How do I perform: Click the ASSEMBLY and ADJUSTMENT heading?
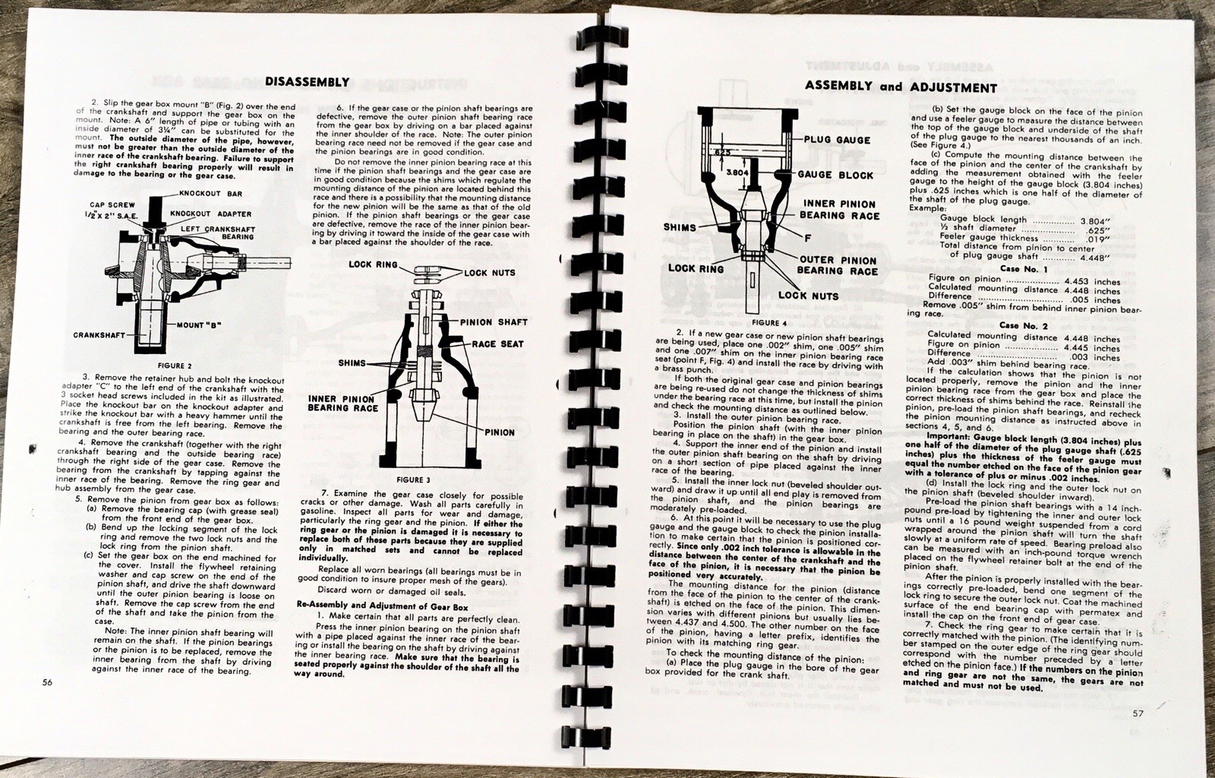900,87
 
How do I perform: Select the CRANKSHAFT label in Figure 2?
99,334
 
